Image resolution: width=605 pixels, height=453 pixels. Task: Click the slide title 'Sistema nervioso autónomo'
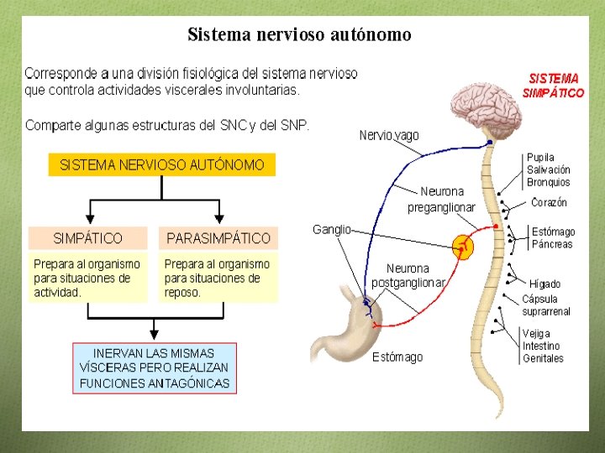point(299,34)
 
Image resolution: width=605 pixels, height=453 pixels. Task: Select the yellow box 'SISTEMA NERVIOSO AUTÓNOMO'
point(162,165)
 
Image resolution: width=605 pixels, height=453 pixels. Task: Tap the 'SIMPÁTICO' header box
point(87,238)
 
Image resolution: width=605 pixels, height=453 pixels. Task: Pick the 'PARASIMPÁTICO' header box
point(218,238)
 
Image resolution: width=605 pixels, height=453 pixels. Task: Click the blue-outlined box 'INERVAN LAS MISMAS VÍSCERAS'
point(154,368)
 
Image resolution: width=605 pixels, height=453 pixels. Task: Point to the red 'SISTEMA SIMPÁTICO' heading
point(553,86)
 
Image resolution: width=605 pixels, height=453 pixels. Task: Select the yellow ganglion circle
point(462,247)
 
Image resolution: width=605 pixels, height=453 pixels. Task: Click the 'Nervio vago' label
point(388,135)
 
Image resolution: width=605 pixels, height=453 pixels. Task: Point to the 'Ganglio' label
point(331,229)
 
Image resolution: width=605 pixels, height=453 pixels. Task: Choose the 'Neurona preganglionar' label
point(441,200)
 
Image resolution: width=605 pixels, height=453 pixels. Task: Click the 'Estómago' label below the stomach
point(397,357)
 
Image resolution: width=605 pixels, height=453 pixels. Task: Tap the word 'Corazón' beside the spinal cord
point(549,203)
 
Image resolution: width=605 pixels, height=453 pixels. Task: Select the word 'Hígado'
point(544,284)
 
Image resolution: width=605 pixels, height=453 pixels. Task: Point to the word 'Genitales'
point(543,358)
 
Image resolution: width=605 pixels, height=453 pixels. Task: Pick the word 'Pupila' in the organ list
point(540,158)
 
